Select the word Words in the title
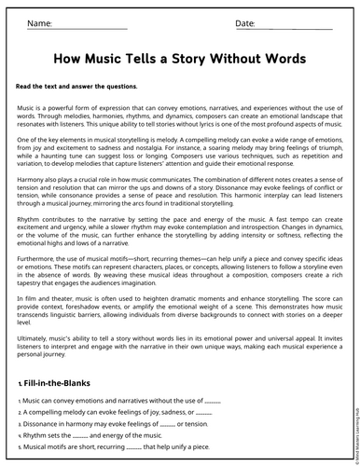[280, 59]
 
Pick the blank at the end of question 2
[204, 412]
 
